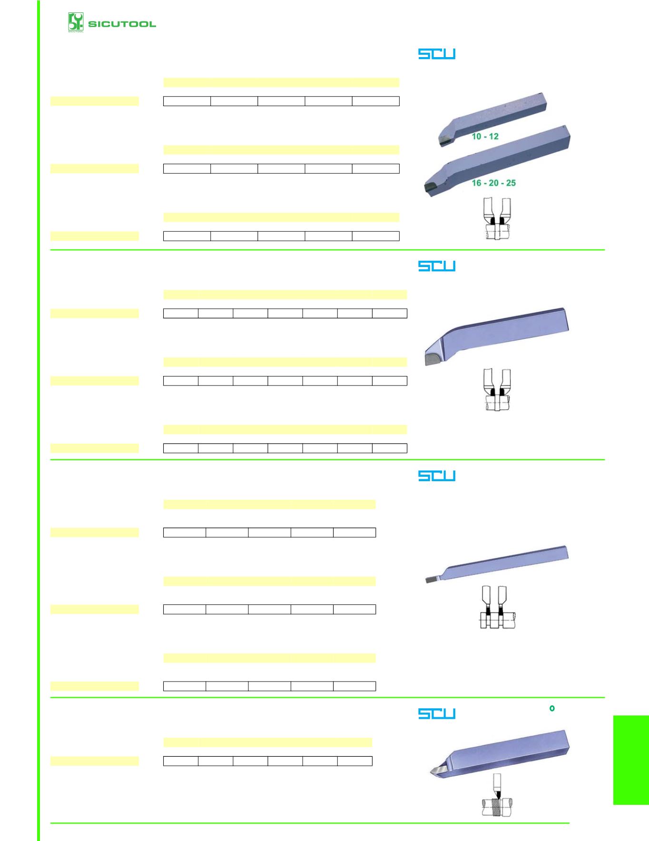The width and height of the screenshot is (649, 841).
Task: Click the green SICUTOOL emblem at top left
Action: click(x=76, y=22)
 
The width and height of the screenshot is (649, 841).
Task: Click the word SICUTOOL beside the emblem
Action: click(x=122, y=24)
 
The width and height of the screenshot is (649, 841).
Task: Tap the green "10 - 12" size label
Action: click(x=485, y=136)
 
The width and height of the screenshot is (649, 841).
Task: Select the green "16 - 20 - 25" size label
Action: click(x=493, y=183)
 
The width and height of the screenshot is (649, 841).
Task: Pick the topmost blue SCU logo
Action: click(x=437, y=54)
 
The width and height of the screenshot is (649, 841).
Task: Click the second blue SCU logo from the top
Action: click(x=437, y=266)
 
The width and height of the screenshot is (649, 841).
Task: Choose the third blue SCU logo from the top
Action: click(x=437, y=476)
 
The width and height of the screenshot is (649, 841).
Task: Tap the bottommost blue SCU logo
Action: click(x=437, y=713)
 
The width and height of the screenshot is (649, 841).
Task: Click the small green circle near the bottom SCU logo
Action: click(x=552, y=709)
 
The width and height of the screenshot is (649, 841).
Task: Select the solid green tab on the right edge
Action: click(x=631, y=760)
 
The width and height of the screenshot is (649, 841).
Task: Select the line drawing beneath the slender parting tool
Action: click(x=497, y=607)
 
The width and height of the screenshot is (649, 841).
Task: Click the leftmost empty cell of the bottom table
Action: click(x=181, y=761)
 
